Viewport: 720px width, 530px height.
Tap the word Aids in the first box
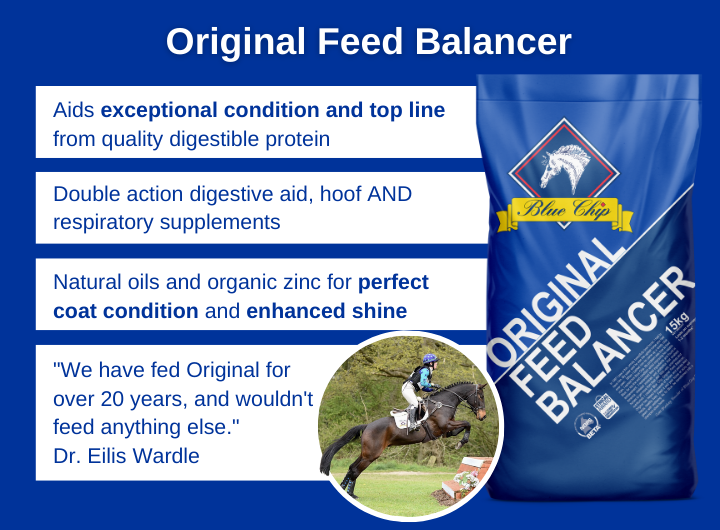[74, 110]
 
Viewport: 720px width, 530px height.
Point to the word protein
[293, 139]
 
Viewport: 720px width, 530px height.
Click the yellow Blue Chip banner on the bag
[566, 210]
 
